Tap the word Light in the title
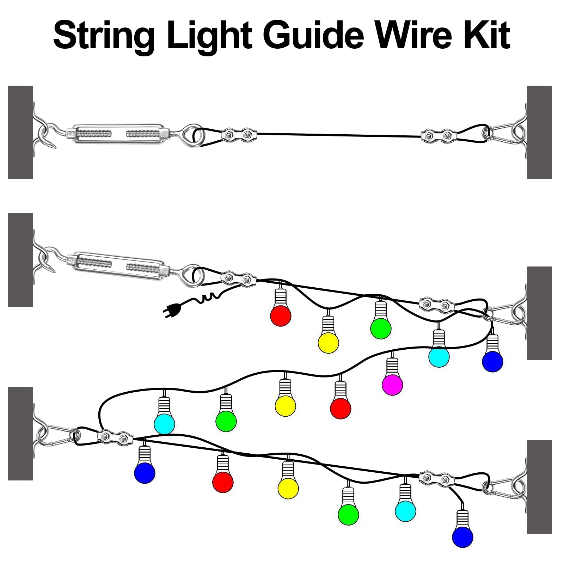[x=209, y=35]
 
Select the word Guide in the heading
[x=312, y=35]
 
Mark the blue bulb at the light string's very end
[x=462, y=537]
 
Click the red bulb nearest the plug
[x=281, y=315]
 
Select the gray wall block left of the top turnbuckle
[x=20, y=132]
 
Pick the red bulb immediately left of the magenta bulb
[x=341, y=408]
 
